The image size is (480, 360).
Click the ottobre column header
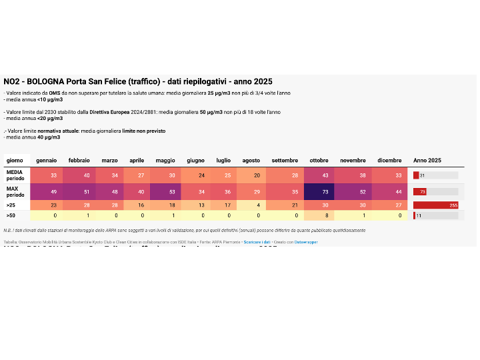[x=319, y=161]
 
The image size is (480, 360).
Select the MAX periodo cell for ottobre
[x=319, y=192]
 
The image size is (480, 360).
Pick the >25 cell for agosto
[x=251, y=205]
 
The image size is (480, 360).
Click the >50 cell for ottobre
[x=319, y=216]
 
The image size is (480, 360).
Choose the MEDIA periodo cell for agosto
[x=251, y=175]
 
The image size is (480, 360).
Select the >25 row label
[x=11, y=205]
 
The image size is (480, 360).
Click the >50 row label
[x=11, y=216]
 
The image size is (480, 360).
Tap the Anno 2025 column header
[x=427, y=161]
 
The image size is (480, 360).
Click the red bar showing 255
[x=435, y=205]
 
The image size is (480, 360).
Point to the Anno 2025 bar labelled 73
[x=419, y=192]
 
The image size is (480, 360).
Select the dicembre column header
[x=389, y=161]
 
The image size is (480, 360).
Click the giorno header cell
[x=15, y=161]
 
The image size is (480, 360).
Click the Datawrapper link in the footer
[x=306, y=242]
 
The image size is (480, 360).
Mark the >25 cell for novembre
[x=353, y=205]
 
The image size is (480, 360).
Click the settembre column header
[x=285, y=161]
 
